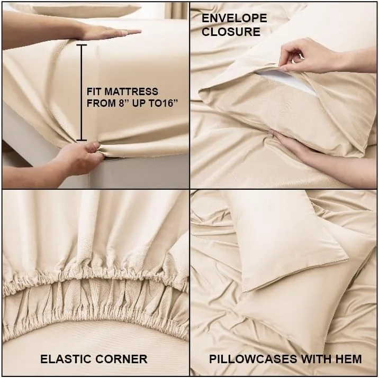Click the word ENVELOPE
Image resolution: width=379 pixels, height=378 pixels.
[x=234, y=19]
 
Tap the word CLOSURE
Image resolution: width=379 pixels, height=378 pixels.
[x=231, y=32]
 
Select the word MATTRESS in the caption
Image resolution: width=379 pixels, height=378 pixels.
[x=131, y=91]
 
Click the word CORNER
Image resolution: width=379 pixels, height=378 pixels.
[x=123, y=359]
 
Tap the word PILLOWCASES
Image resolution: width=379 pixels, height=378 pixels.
[x=253, y=359]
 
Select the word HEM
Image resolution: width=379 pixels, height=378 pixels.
[x=348, y=359]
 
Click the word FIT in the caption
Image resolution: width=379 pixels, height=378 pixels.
[x=94, y=91]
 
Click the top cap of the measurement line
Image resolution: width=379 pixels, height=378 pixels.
[x=82, y=45]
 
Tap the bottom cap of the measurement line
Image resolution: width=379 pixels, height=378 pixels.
[x=82, y=140]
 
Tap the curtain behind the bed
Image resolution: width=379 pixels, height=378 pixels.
[x=176, y=10]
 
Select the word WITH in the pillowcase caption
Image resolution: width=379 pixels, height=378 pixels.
[x=315, y=359]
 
